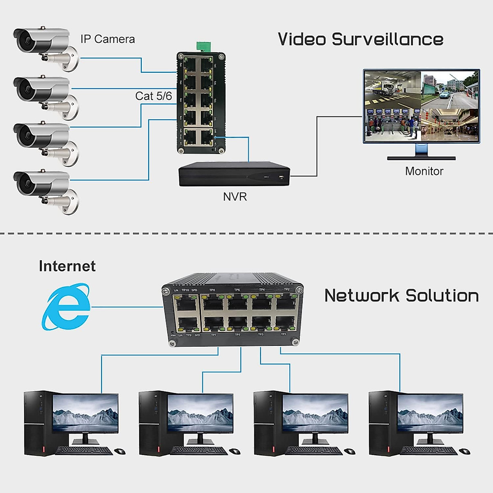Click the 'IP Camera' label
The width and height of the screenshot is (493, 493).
[x=108, y=39]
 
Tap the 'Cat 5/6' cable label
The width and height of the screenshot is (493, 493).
[x=153, y=96]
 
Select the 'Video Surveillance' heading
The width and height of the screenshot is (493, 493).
[x=360, y=39]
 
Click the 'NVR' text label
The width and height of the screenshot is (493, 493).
[x=235, y=197]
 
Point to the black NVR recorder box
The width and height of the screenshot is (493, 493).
[x=234, y=174]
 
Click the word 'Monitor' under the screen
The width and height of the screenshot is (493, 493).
[x=424, y=171]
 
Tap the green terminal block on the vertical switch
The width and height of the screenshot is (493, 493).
[x=204, y=46]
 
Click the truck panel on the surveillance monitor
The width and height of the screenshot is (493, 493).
[x=392, y=89]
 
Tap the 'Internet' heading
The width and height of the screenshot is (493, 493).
[x=67, y=266]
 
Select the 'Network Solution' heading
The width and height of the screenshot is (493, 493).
[x=401, y=296]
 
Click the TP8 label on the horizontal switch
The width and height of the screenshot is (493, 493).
[x=212, y=290]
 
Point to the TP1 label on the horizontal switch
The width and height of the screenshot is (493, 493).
[x=283, y=334]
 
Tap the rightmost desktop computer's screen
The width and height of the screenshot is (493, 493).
[x=430, y=413]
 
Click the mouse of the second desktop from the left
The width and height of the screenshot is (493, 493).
[x=235, y=452]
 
